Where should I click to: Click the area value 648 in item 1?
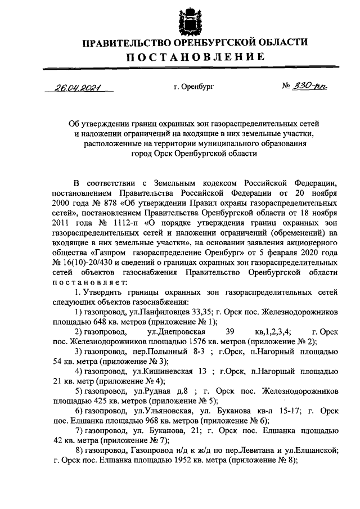tap(91, 324)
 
